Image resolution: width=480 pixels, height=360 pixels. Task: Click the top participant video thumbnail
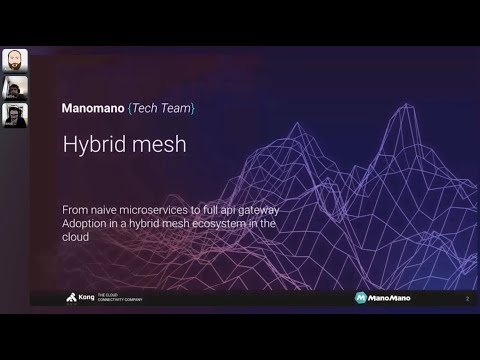pos(15,60)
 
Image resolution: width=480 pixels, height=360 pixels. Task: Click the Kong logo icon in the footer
pos(72,298)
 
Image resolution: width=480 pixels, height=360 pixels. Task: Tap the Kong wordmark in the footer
pos(87,298)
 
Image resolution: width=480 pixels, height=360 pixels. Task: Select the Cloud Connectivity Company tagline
pos(119,298)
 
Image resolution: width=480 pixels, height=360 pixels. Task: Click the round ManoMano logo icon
pos(360,298)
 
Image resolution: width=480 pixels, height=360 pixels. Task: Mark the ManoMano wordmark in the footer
pos(389,298)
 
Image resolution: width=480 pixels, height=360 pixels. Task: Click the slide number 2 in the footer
pos(467,298)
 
